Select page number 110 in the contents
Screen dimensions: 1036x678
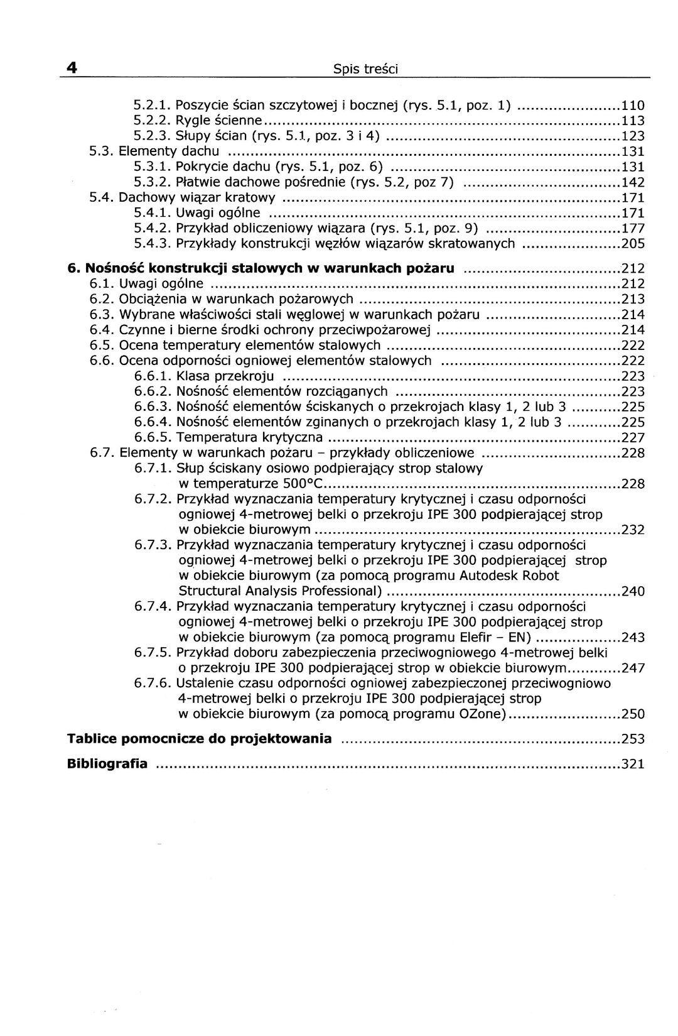633,106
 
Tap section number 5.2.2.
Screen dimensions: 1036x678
152,121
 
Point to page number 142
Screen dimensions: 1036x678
633,183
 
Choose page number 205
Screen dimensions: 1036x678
633,244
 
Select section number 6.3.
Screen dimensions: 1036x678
102,315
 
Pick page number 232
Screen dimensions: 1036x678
633,530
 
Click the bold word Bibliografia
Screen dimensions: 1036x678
107,764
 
